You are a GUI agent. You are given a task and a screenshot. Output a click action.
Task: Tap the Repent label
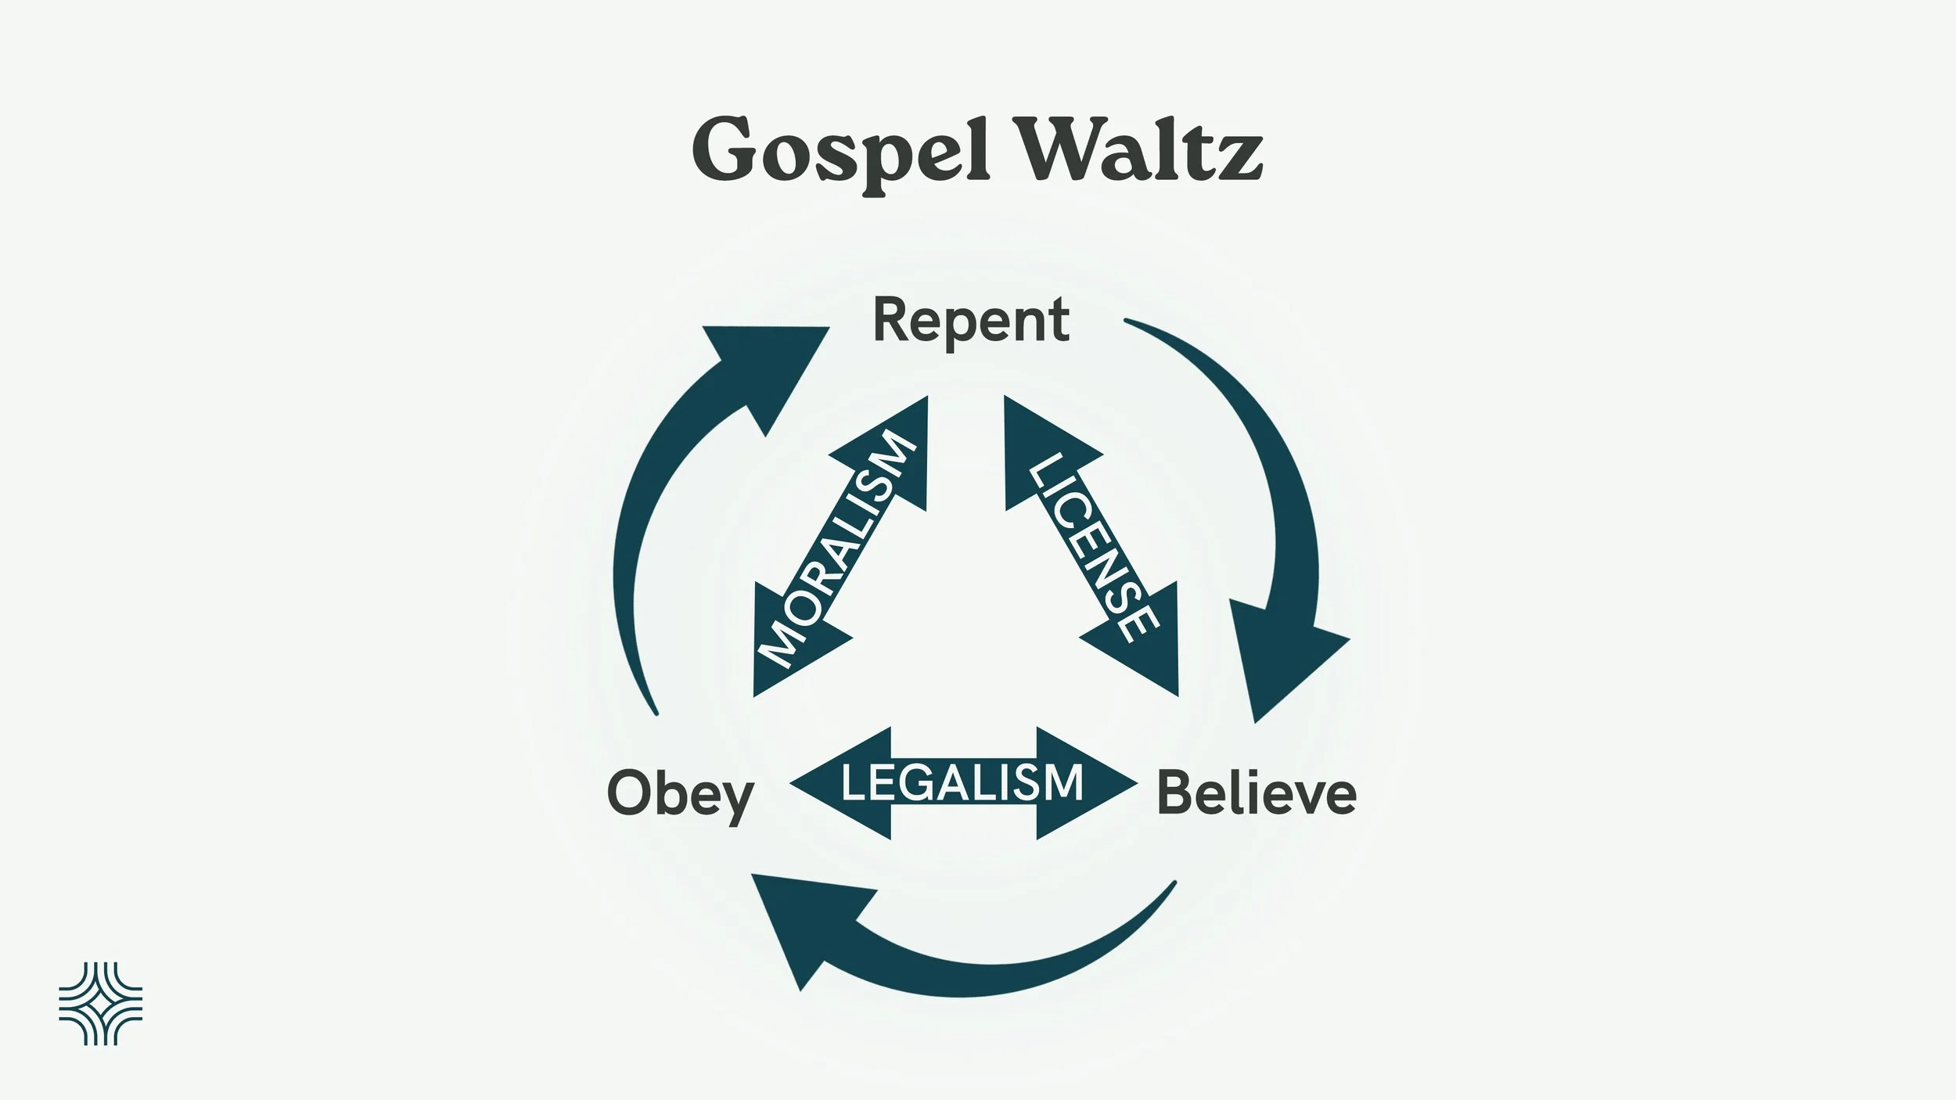tap(970, 321)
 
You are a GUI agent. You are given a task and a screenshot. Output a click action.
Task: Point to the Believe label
tap(1256, 794)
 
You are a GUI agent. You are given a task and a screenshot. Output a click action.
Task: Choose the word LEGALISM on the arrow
tap(962, 783)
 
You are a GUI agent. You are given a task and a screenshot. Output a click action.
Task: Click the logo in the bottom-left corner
tap(101, 1004)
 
